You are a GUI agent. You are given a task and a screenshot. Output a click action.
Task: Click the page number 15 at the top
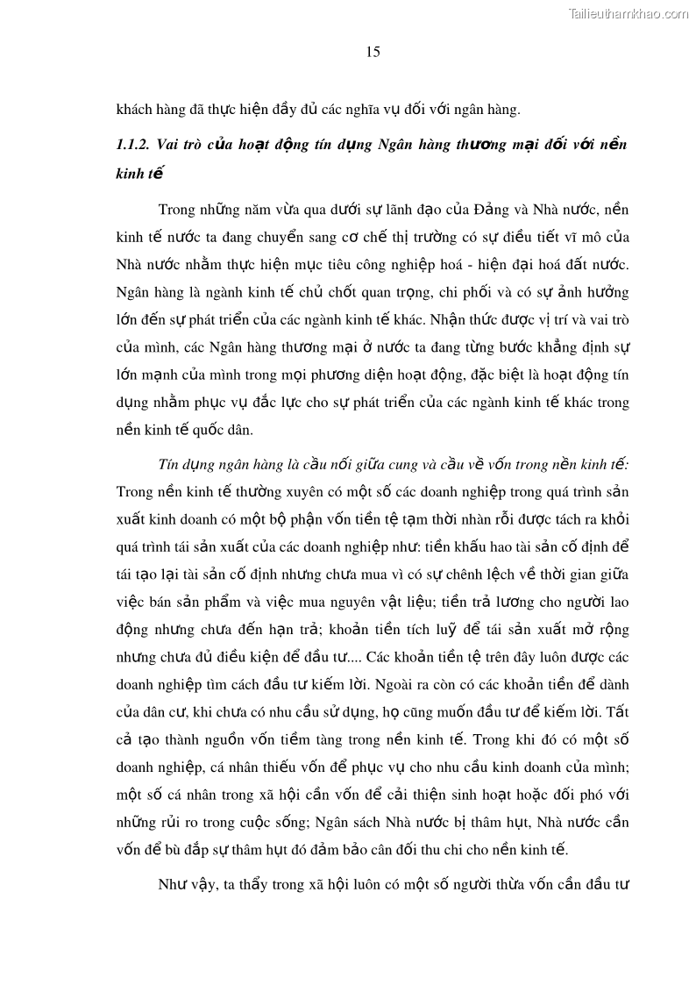(373, 52)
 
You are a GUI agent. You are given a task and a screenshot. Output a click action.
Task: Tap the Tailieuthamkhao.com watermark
(629, 13)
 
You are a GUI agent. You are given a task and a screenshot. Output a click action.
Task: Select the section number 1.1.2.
(135, 144)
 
